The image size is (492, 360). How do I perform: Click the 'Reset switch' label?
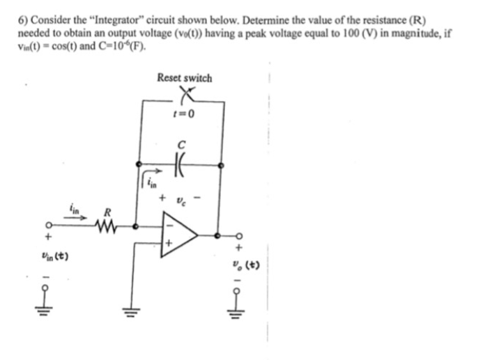click(185, 78)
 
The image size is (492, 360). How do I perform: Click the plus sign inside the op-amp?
click(168, 244)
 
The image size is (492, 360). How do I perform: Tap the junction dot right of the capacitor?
click(222, 166)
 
